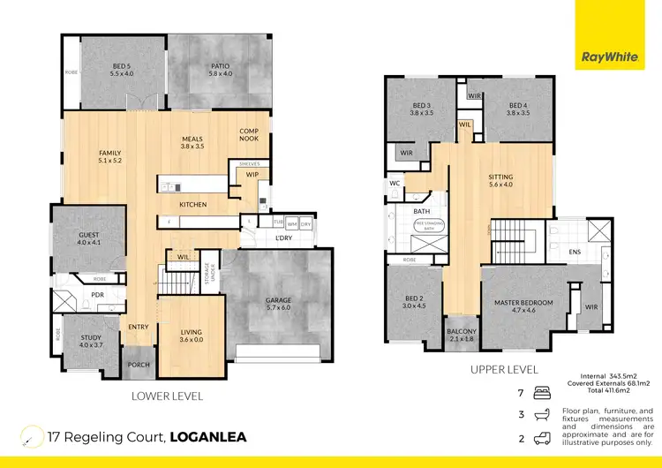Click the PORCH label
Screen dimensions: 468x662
coord(138,365)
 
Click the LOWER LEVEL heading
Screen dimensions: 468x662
coord(167,396)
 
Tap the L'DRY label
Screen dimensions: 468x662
coord(284,239)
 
